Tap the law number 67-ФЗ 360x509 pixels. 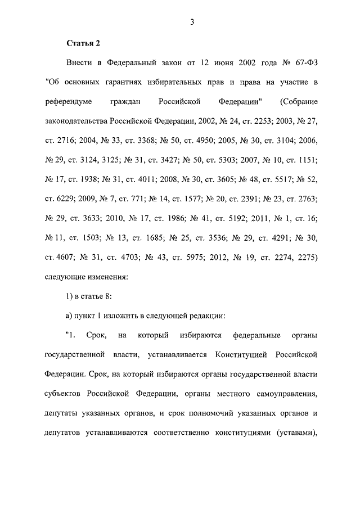tap(303, 63)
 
